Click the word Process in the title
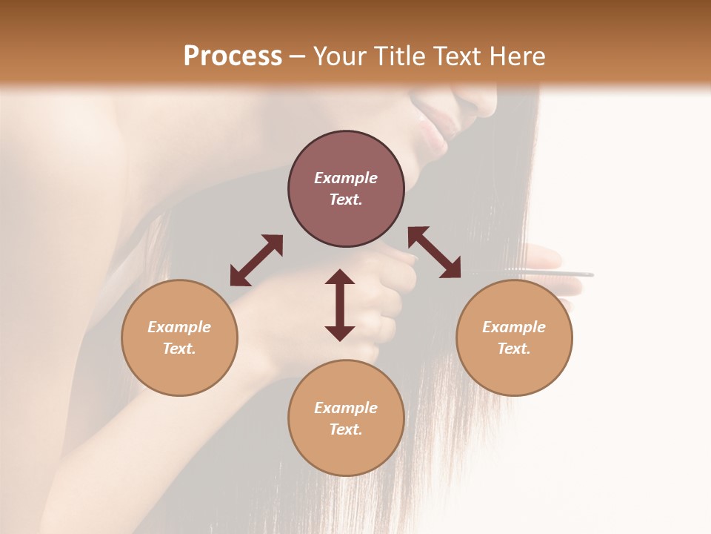pos(233,56)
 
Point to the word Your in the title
pos(338,56)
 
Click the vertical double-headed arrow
pos(340,305)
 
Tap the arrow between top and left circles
pos(256,260)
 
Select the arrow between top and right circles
pos(435,252)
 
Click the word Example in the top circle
pos(346,178)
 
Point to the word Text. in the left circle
pos(179,349)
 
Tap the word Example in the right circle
pos(514,327)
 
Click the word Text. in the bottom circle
pos(346,429)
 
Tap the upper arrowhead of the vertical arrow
pos(340,278)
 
